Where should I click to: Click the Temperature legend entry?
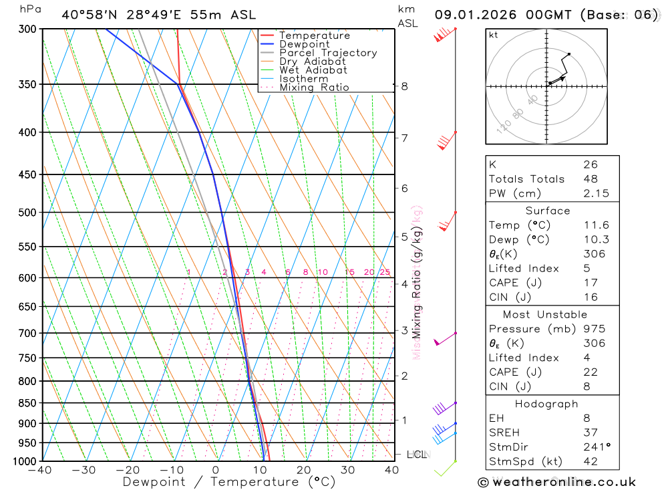314,35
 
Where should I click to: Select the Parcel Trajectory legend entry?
328,53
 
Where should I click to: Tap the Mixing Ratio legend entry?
314,87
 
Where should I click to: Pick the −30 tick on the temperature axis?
83,470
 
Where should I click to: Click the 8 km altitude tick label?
404,86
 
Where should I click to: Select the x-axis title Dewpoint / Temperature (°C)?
228,482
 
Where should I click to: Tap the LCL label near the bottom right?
416,455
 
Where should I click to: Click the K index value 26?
590,164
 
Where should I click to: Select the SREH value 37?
590,433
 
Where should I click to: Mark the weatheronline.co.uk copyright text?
557,482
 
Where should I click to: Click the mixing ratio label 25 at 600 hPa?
385,272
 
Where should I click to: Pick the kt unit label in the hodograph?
493,35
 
